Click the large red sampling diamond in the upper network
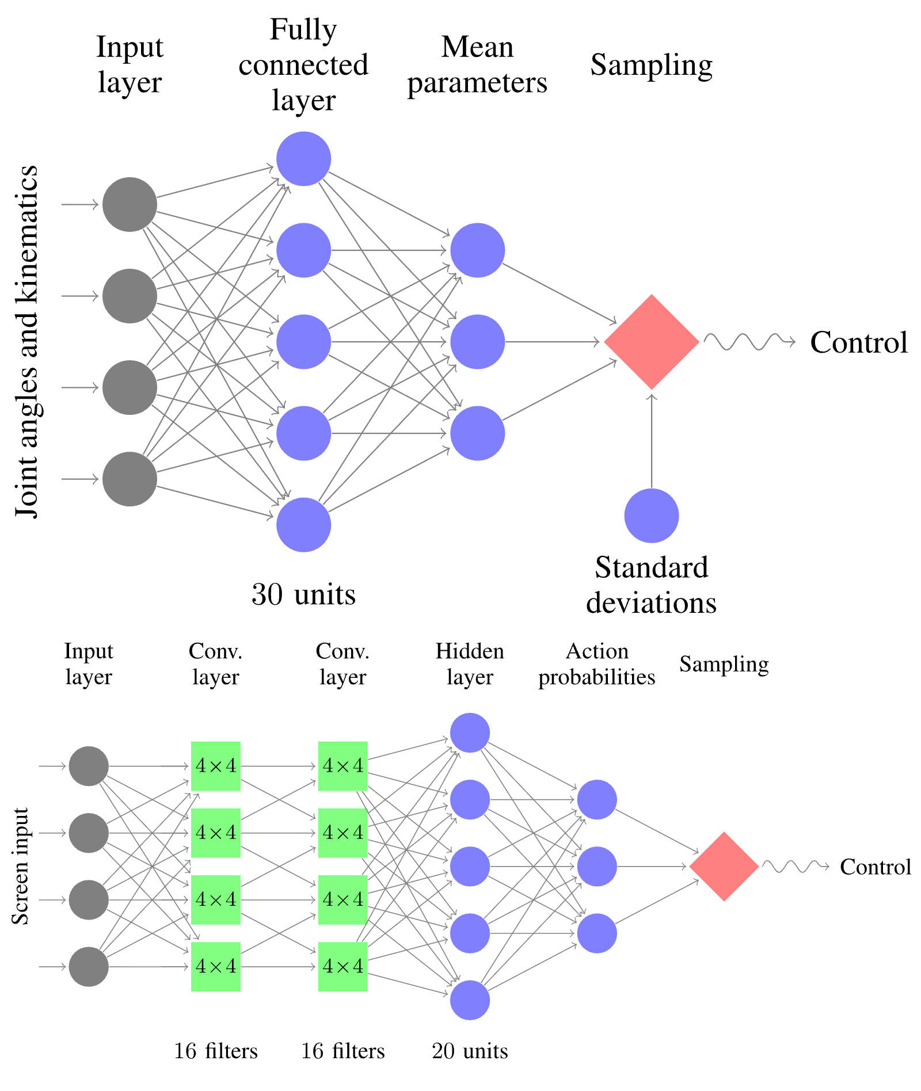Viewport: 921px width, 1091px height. [652, 342]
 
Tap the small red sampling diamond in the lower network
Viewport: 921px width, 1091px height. [724, 866]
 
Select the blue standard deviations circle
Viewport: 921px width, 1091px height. [652, 516]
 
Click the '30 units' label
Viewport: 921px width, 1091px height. [303, 594]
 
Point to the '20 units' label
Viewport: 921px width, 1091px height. [470, 1051]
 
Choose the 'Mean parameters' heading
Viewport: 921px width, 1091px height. [477, 64]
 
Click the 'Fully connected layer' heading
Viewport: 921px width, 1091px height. [303, 64]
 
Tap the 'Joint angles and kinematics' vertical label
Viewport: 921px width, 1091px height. [27, 342]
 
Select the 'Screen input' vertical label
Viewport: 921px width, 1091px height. [20, 866]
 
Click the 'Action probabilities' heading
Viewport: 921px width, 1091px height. [597, 664]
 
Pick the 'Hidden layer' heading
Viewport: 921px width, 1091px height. [470, 664]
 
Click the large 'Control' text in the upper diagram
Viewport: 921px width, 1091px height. [859, 342]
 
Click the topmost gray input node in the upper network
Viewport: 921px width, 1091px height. [130, 204]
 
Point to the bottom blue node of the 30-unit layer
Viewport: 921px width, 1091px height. [303, 525]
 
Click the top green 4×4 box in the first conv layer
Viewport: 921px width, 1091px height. [216, 766]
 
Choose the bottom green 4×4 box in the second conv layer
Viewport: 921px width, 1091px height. [343, 966]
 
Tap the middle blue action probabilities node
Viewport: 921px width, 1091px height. [597, 866]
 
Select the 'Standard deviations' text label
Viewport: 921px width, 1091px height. [652, 585]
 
